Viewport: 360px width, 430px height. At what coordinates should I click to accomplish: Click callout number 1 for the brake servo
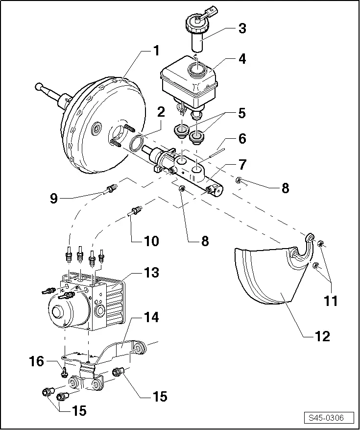pos(156,51)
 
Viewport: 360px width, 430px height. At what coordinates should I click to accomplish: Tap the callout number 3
pos(241,28)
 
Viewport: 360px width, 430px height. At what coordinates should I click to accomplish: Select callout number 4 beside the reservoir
pos(241,59)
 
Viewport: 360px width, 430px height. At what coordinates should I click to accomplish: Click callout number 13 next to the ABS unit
pos(152,273)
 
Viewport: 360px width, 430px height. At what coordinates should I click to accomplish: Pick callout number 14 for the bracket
pos(152,318)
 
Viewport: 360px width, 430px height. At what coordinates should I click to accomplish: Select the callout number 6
pos(242,139)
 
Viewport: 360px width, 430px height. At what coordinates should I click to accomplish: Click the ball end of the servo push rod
pos(39,87)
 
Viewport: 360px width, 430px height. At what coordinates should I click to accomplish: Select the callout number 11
pos(331,301)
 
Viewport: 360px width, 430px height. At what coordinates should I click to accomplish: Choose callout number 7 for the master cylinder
pos(242,164)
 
